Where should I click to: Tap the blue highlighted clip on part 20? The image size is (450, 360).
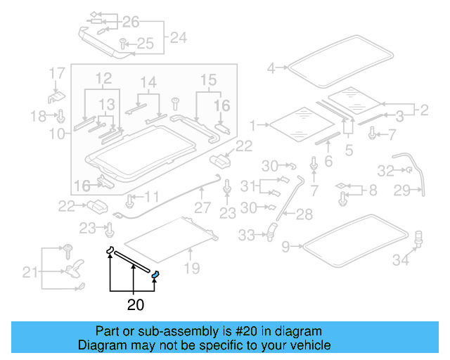click(156, 274)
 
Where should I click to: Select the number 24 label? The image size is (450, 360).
click(179, 38)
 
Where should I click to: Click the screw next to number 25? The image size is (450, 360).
click(122, 44)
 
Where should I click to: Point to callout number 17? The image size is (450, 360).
click(57, 73)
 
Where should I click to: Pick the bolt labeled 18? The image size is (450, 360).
click(61, 115)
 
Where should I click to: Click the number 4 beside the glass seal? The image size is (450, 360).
click(271, 68)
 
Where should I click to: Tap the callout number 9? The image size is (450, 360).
click(285, 246)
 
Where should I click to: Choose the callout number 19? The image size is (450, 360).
click(191, 268)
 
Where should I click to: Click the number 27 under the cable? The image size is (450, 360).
click(202, 207)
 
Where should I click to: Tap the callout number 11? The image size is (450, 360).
click(152, 197)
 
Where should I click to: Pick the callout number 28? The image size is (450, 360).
click(304, 214)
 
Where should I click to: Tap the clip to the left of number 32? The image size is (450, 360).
click(406, 170)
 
